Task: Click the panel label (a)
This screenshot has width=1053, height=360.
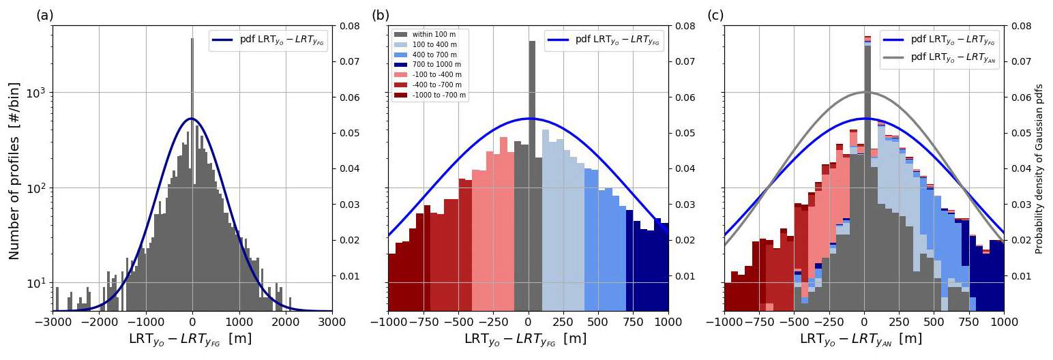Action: click(44, 15)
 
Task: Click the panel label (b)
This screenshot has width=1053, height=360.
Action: click(381, 15)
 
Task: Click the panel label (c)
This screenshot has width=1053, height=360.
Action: click(716, 15)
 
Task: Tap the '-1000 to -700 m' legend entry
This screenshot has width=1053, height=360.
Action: click(439, 95)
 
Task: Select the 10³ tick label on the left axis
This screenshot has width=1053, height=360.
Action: click(37, 93)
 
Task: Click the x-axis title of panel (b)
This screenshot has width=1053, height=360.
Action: click(525, 339)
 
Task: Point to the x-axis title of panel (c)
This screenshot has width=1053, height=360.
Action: click(861, 339)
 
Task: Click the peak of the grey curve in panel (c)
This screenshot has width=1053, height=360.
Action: click(864, 92)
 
